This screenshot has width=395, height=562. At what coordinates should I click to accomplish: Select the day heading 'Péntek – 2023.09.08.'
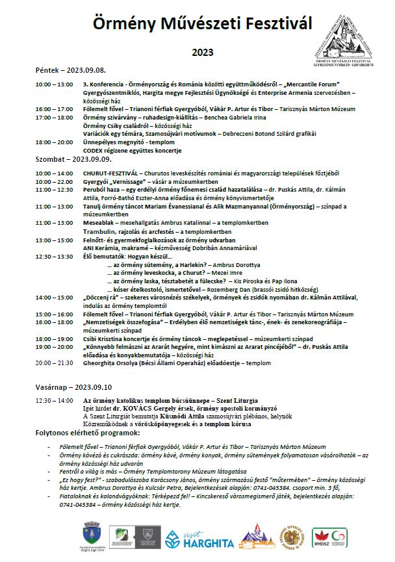[x=71, y=70]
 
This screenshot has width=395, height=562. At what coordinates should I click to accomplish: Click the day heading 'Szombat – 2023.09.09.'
[x=73, y=158]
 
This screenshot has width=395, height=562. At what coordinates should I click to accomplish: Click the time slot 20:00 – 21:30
[x=55, y=364]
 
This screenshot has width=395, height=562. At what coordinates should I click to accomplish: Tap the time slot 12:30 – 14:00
[x=55, y=401]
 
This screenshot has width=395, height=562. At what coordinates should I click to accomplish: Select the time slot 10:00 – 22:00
[x=55, y=182]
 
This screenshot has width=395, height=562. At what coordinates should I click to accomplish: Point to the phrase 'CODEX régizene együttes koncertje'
[x=132, y=149]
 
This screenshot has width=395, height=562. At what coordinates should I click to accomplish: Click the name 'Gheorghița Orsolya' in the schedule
[x=111, y=364]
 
